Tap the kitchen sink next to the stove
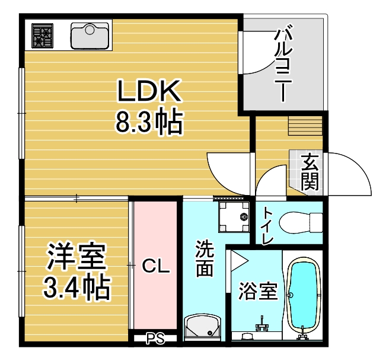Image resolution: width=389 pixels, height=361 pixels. click(91, 36)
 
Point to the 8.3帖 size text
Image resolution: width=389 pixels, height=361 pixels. click(148, 122)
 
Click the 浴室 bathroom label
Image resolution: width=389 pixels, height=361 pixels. click(258, 291)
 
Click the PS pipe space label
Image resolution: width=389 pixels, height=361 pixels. click(155, 339)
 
